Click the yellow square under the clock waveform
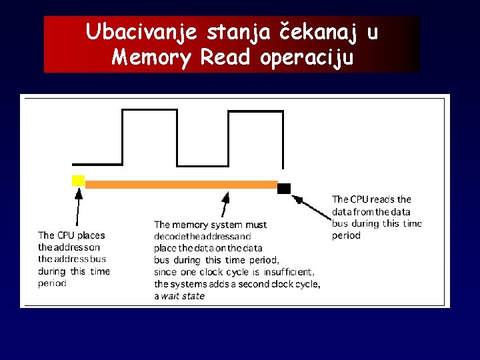point(78,180)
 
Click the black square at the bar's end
point(284,188)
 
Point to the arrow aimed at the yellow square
point(78,207)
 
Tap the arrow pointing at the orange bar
point(225,203)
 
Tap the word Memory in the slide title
point(153,59)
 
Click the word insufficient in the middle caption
point(289,272)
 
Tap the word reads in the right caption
point(381,199)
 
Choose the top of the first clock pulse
point(150,110)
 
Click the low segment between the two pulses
point(203,164)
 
